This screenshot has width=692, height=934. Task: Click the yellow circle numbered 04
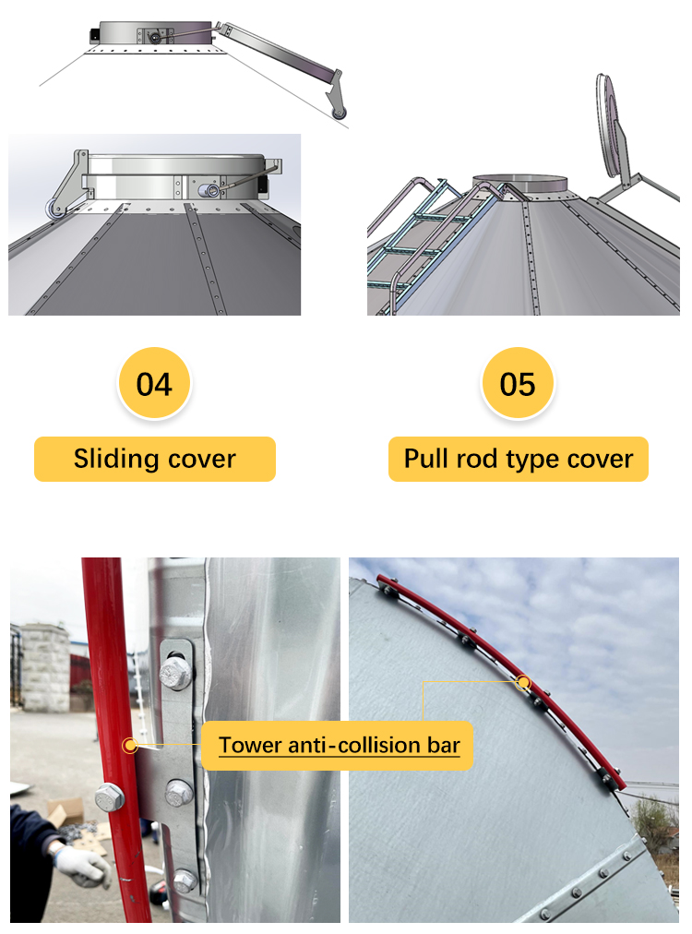pyautogui.click(x=154, y=383)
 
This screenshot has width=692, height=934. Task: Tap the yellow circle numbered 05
pyautogui.click(x=518, y=383)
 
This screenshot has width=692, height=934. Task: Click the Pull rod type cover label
pyautogui.click(x=519, y=459)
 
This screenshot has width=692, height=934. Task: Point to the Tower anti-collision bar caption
pyautogui.click(x=339, y=745)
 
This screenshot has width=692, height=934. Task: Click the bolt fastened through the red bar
pyautogui.click(x=110, y=795)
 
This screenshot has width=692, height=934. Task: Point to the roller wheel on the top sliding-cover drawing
pyautogui.click(x=340, y=113)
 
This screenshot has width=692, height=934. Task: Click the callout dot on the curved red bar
pyautogui.click(x=524, y=683)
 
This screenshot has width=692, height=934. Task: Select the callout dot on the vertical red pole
pyautogui.click(x=130, y=744)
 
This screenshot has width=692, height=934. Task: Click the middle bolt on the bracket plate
pyautogui.click(x=178, y=791)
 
